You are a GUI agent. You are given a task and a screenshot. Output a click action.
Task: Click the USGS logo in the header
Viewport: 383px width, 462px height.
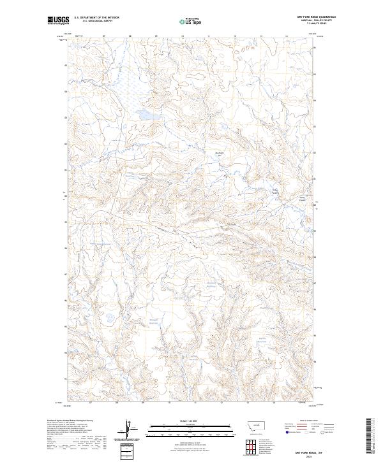[59, 21]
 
